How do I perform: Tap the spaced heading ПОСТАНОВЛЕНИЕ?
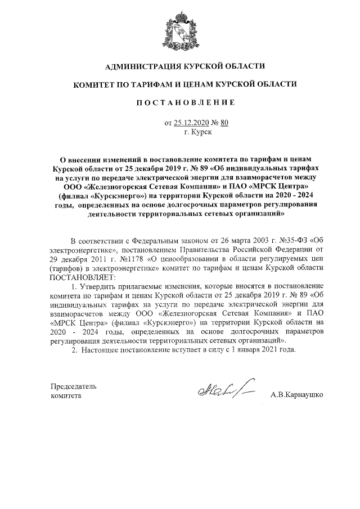[179, 103]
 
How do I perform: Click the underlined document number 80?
[224, 122]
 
